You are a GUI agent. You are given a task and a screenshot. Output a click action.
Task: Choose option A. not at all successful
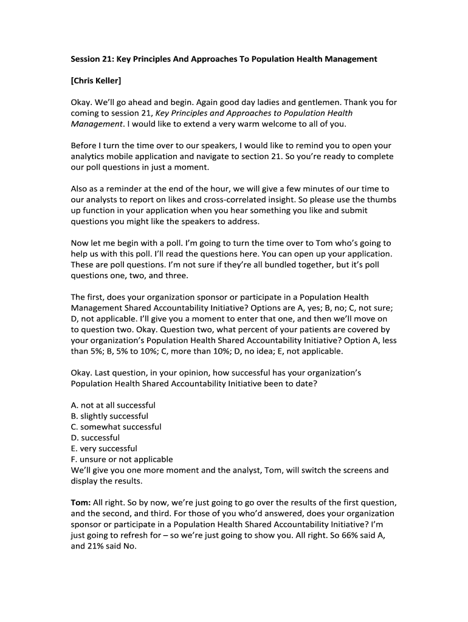(x=113, y=405)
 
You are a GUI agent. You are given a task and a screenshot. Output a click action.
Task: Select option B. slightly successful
(x=109, y=416)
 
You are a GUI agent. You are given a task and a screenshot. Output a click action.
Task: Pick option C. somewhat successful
(x=116, y=427)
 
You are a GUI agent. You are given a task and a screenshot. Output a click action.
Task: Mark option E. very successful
(x=104, y=449)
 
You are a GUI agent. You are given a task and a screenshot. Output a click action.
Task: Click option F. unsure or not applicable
(x=122, y=460)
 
